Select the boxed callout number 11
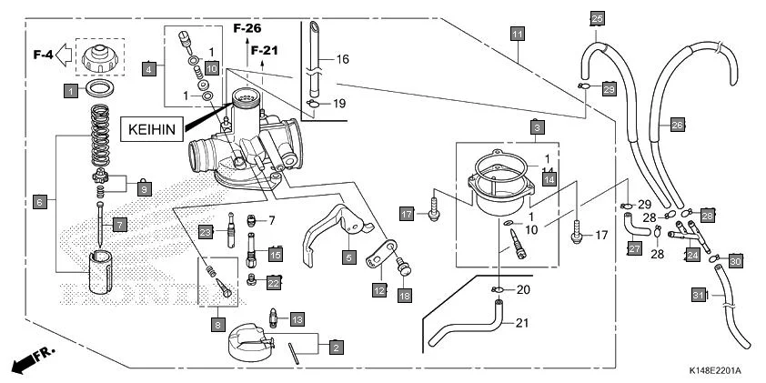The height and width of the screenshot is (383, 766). click(517, 35)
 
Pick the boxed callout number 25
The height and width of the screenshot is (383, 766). click(597, 18)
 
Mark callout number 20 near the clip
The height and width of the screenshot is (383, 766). click(523, 290)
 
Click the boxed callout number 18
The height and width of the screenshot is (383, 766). click(405, 296)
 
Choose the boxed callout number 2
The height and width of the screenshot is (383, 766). click(337, 347)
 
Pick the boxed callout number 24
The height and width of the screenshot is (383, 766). click(692, 257)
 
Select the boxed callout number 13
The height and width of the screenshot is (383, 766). click(297, 319)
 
